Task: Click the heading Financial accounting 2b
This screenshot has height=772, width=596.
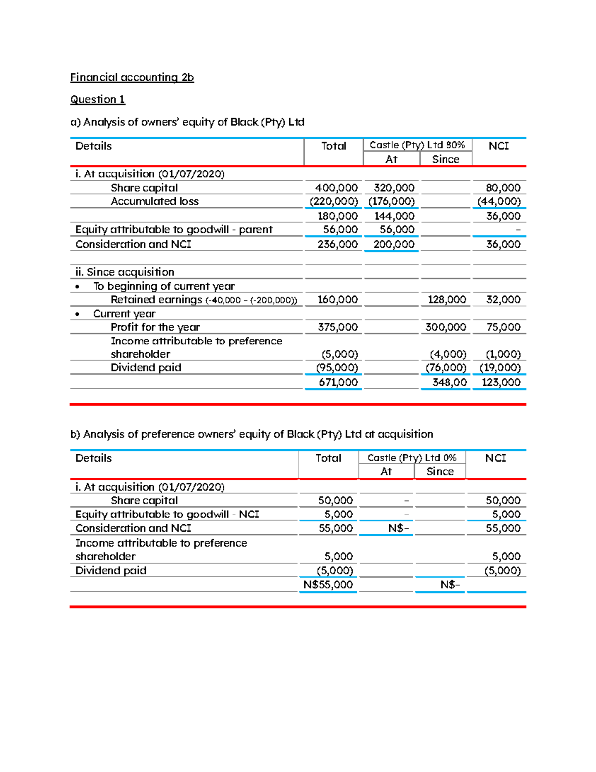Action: pos(132,77)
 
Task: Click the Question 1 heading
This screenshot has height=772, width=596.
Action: pos(97,99)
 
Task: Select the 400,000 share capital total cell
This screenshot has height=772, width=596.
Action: pos(336,188)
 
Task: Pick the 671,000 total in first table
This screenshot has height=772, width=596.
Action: pos(338,382)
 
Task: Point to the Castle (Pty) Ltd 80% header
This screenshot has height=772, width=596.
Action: pos(417,145)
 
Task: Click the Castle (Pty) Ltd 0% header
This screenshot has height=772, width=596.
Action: pos(412,457)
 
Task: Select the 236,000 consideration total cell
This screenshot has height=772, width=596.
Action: pos(337,244)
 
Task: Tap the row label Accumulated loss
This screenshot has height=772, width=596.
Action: pos(154,201)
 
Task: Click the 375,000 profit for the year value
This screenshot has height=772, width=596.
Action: pos(338,327)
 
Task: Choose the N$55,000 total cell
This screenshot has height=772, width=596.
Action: pos(328,585)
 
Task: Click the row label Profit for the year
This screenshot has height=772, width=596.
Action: pos(155,327)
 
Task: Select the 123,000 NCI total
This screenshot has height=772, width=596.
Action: pos(501,382)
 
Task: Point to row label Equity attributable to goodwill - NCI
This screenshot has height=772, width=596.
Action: pos(167,514)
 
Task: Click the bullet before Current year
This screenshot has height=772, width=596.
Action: pos(77,314)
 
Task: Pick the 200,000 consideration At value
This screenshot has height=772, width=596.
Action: pos(394,244)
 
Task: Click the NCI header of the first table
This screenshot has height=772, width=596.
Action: pos(498,146)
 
